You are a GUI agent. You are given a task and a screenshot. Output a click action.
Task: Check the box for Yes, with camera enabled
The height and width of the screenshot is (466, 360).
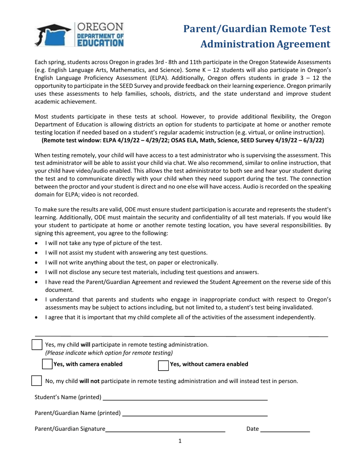tap(47, 364)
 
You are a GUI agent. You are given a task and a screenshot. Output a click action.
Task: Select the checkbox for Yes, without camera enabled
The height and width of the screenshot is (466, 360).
tap(163, 365)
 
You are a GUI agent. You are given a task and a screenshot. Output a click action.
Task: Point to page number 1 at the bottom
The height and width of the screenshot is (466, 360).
tap(180, 441)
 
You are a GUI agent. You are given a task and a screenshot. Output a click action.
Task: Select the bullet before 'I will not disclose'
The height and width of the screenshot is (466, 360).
tap(36, 272)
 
